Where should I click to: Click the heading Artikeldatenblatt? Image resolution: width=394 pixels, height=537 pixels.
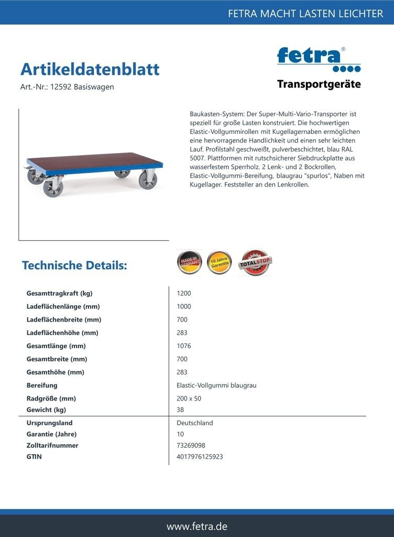pos(90,69)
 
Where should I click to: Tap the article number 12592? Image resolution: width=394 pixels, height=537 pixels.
pos(60,87)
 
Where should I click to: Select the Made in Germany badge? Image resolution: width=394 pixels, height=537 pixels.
pos(189,262)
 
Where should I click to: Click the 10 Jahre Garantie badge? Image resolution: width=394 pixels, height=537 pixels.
pos(219,262)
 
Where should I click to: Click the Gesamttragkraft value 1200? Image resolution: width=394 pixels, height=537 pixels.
pos(184,293)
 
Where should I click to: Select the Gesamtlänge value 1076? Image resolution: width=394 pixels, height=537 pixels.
pos(184,346)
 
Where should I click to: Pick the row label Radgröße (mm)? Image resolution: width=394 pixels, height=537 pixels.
pos(51,399)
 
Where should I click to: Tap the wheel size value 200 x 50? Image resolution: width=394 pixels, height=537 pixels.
pos(189,399)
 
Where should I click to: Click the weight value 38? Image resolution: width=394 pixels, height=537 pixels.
pos(181,410)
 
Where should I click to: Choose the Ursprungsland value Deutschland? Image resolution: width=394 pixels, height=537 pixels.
pos(195,423)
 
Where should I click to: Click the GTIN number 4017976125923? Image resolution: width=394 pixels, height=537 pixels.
pos(200,457)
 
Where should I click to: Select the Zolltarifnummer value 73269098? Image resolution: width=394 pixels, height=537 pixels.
pos(191,445)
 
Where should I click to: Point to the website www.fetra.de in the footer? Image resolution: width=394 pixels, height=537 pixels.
pos(197,526)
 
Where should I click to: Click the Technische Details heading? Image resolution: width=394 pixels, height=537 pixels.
pos(74,265)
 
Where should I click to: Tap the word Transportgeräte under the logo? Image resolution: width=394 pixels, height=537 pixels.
pos(319,84)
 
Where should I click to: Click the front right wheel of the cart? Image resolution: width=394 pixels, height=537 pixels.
pos(148,180)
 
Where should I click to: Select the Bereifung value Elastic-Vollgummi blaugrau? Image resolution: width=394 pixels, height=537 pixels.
pos(216,385)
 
